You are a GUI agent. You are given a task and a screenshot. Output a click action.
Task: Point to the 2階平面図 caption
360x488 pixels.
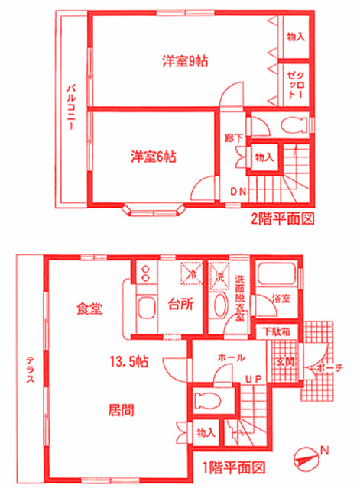283,218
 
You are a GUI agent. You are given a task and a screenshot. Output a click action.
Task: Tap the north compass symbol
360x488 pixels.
306,459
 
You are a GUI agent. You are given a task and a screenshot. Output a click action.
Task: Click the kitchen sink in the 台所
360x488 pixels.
145,310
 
